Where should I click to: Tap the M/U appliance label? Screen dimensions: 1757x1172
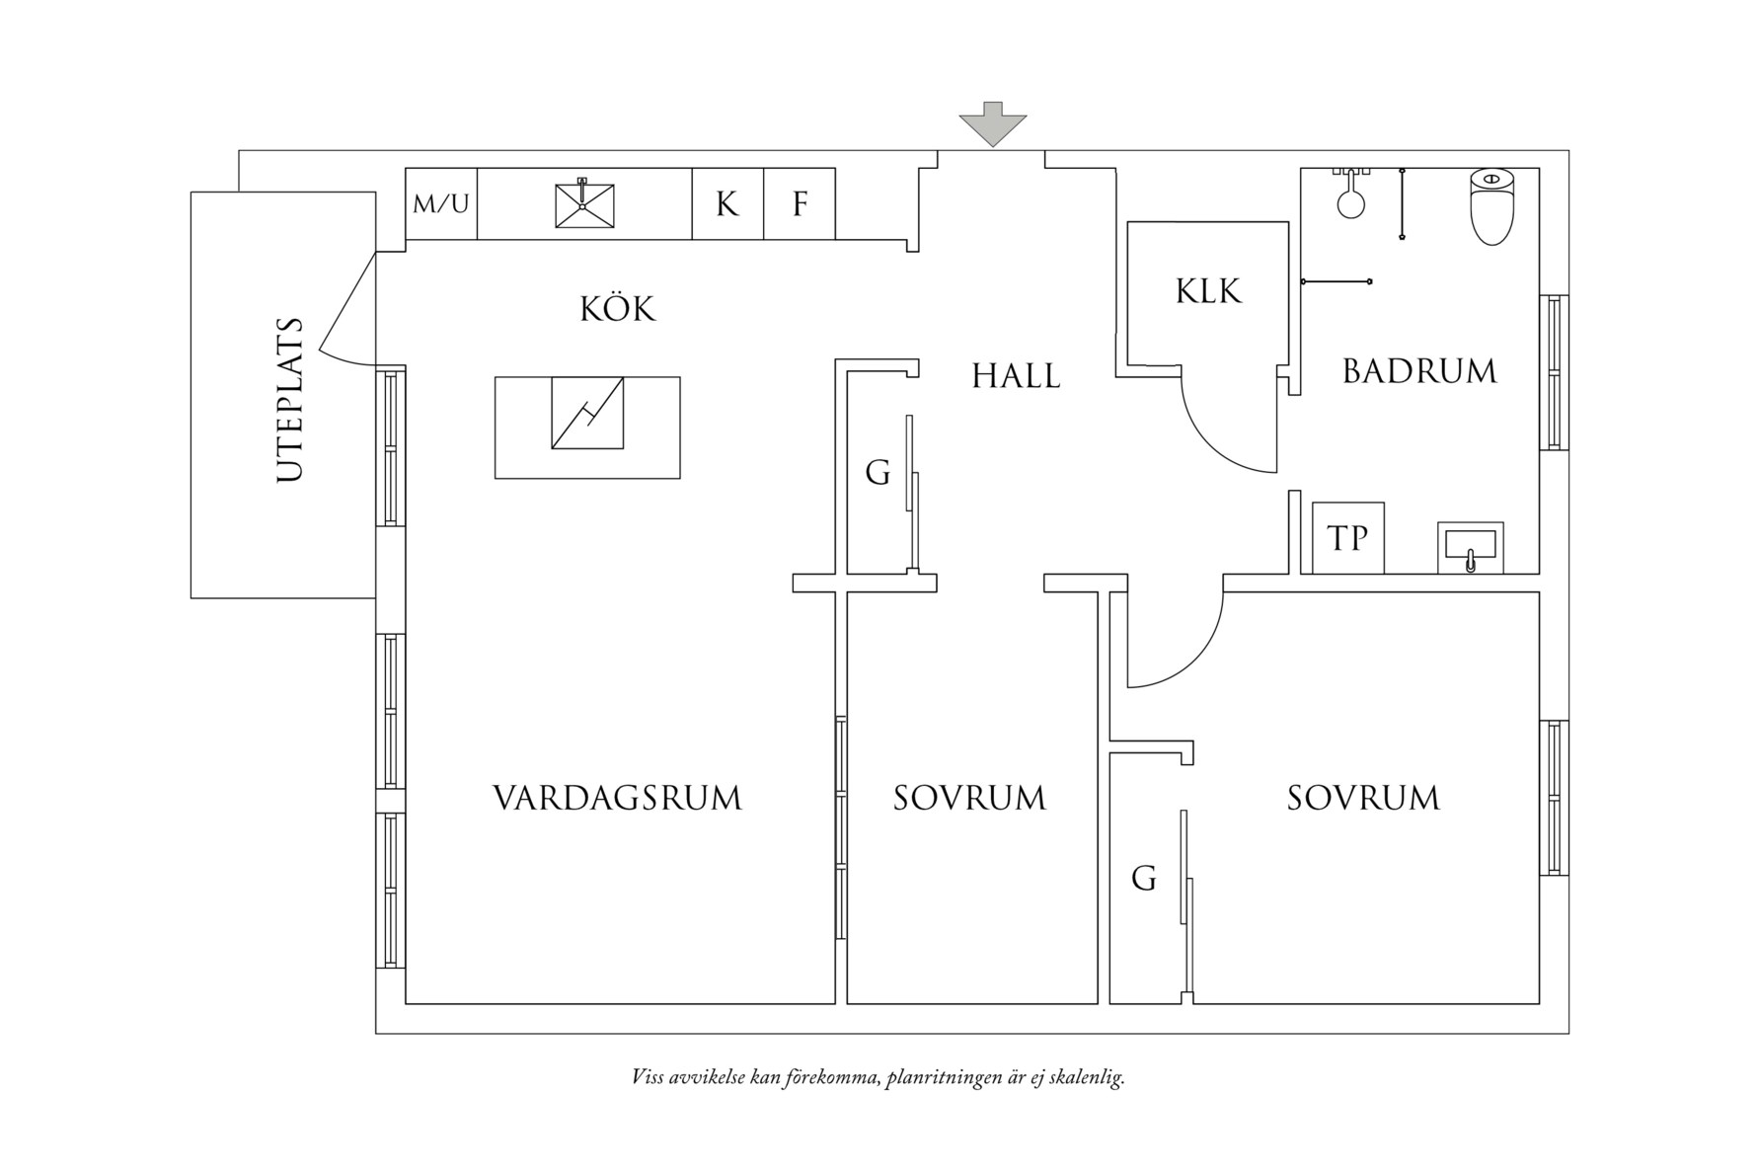click(x=441, y=204)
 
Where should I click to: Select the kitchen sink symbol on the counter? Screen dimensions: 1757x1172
click(x=582, y=204)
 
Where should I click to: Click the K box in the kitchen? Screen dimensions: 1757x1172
click(x=727, y=204)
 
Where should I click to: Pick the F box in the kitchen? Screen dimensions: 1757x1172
click(x=800, y=204)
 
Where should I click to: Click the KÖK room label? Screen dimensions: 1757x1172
click(x=618, y=308)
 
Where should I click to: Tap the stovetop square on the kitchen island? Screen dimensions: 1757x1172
click(x=587, y=413)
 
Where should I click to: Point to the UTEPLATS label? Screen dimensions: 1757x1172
click(x=289, y=399)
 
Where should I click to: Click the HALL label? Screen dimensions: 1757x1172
click(x=1016, y=376)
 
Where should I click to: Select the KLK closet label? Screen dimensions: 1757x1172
click(x=1208, y=291)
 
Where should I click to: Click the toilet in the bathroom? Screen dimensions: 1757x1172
click(x=1490, y=205)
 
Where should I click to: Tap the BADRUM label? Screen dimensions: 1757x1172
click(x=1419, y=371)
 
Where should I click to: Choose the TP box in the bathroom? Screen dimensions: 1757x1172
click(x=1347, y=538)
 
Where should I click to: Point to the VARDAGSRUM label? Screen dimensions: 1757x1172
click(x=617, y=798)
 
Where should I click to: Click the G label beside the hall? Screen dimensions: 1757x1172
click(x=878, y=473)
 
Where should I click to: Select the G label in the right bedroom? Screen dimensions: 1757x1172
click(x=1143, y=878)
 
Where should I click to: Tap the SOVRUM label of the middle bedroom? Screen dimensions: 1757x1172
click(x=969, y=798)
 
